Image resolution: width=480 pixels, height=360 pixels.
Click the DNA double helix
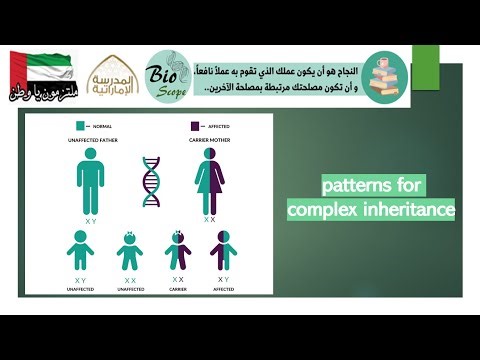pos(152,181)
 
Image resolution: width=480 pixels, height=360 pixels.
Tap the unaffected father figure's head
pos(89,158)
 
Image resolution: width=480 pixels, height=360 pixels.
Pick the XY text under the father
pos(89,220)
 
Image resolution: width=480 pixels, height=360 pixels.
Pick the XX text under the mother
pos(211,219)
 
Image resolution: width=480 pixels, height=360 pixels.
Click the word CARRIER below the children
pos(178,289)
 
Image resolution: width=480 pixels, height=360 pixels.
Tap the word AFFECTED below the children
pos(222,289)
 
